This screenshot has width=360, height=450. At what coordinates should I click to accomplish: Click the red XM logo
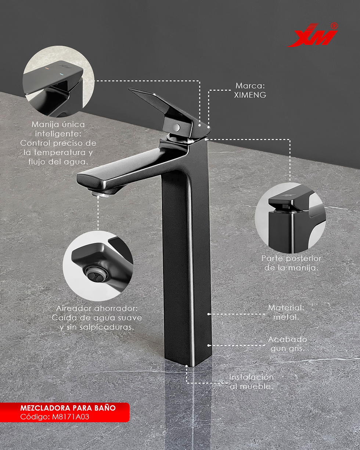point(312,35)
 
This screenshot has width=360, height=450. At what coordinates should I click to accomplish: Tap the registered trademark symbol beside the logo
point(334,26)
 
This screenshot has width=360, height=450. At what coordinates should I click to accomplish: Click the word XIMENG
point(250,95)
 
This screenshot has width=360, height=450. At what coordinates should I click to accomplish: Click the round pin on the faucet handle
point(177,127)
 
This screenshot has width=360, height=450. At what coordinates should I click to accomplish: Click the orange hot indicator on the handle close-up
point(47,68)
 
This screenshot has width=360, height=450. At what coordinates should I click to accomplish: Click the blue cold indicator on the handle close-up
point(62,74)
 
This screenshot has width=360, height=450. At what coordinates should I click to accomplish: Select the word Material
point(286,307)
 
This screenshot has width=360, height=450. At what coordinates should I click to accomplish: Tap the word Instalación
point(251,377)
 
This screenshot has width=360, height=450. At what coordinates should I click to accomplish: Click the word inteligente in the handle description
point(58,134)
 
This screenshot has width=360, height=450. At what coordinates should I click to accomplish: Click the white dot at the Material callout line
point(208,314)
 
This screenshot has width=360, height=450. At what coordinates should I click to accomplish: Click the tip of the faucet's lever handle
point(129,89)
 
